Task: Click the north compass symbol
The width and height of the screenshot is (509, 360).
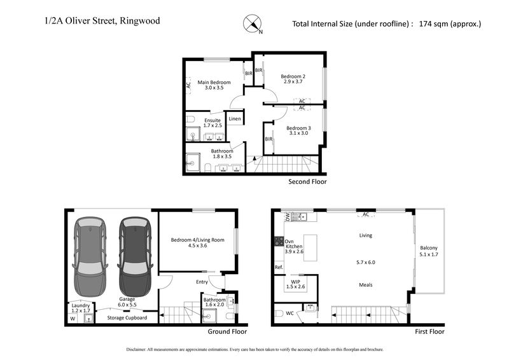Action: (253, 24)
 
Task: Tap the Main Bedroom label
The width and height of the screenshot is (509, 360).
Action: (213, 82)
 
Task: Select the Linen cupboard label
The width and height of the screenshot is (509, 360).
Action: (235, 119)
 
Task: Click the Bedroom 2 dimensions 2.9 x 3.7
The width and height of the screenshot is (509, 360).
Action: (293, 83)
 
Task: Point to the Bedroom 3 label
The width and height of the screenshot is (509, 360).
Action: (298, 128)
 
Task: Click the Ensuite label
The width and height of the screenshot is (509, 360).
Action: (213, 120)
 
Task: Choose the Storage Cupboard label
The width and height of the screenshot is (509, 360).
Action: (127, 317)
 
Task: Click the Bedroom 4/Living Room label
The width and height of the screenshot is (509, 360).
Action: (197, 240)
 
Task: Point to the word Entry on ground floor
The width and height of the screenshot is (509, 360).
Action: (202, 281)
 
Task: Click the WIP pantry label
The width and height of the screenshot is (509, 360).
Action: (295, 281)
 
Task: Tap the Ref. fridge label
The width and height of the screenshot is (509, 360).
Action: (279, 267)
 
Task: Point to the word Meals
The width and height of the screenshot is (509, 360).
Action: (365, 285)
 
